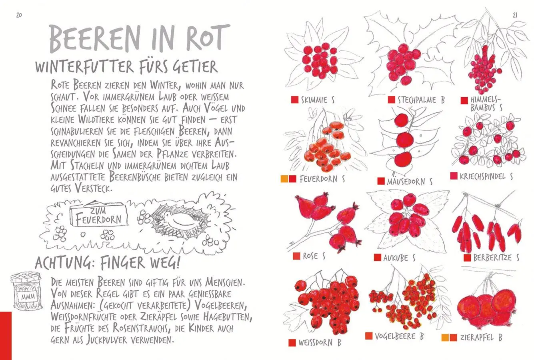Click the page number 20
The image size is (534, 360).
(x=19, y=15)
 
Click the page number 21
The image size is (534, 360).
(x=515, y=15)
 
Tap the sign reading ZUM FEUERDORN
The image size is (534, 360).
(x=99, y=216)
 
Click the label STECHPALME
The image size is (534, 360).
(x=417, y=100)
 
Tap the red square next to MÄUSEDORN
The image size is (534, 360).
(x=381, y=181)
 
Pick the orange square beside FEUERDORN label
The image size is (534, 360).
(x=284, y=179)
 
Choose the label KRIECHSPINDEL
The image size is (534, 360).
(x=482, y=176)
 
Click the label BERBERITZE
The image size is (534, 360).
(x=492, y=258)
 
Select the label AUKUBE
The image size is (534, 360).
(x=396, y=258)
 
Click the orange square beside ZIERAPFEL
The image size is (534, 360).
(x=445, y=338)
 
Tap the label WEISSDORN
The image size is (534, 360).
(x=315, y=343)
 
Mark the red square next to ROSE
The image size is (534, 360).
(x=296, y=256)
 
